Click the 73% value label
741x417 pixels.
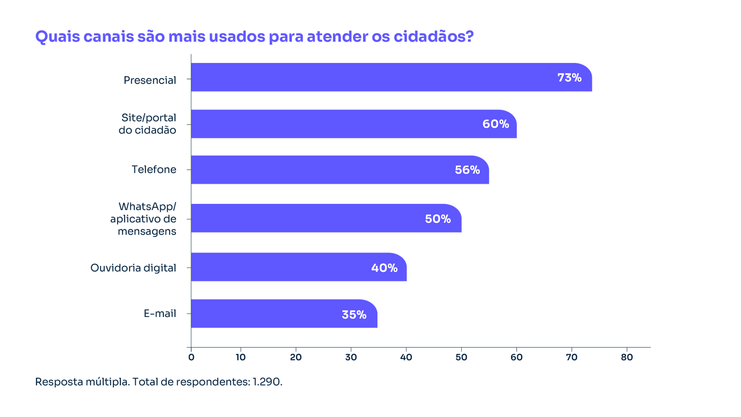coord(569,78)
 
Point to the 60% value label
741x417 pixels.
coord(496,124)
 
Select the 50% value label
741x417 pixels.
coord(438,219)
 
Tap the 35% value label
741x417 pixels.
coord(354,315)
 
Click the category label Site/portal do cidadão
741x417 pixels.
coord(148,124)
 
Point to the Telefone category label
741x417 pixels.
coord(154,170)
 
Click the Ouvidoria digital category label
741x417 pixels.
coord(133,268)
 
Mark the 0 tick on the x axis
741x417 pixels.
coord(191,357)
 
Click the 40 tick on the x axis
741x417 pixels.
coord(406,357)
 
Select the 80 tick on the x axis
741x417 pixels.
coord(627,357)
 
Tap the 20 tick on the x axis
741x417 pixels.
coord(295,357)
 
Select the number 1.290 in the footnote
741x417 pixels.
coord(267,382)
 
